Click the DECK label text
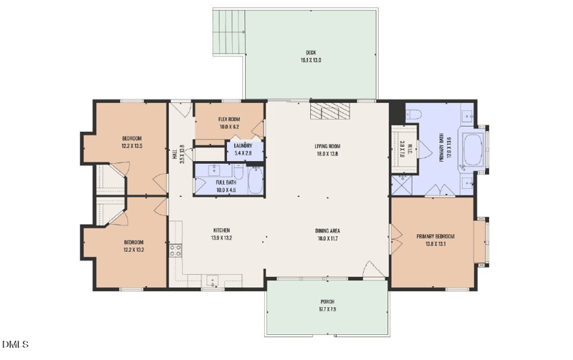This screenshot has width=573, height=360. point(311,52)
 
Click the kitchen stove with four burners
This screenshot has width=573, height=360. point(175,250)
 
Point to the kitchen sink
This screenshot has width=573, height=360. point(211,281)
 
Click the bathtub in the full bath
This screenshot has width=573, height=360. point(254,180)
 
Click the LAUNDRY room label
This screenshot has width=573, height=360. point(241,146)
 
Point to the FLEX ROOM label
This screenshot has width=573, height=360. point(228,119)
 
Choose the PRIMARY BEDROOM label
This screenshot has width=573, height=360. point(435,236)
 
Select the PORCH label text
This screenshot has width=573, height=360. point(327,302)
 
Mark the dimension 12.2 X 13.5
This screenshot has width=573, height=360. point(132,145)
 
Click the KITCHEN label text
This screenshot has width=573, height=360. point(220,230)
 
